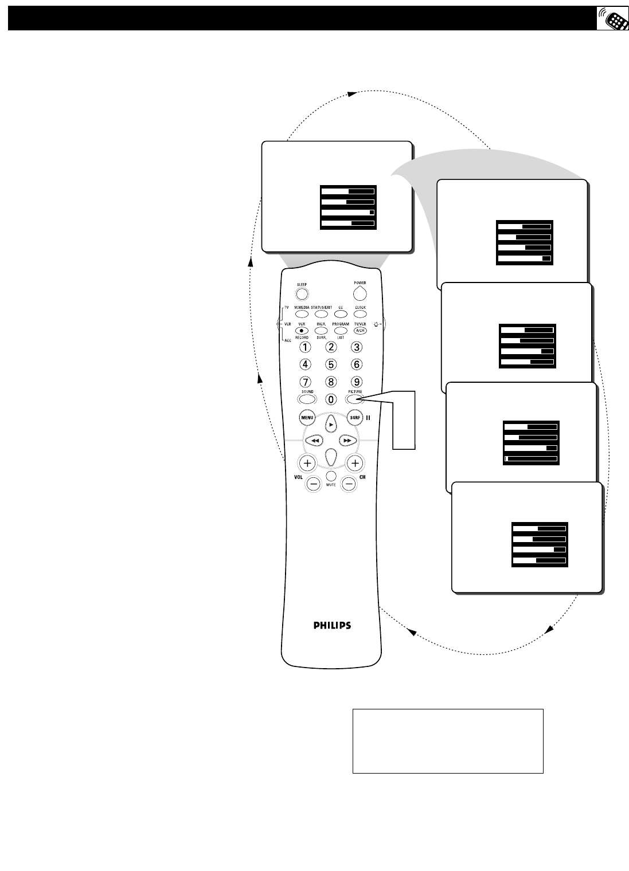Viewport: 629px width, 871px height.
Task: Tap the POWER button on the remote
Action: click(360, 293)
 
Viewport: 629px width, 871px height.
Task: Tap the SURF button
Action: click(355, 418)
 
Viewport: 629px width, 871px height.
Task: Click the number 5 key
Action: click(331, 364)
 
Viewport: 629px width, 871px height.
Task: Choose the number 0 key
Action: click(331, 399)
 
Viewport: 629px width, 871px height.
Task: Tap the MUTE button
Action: click(331, 476)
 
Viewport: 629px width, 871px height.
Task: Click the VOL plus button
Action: click(307, 462)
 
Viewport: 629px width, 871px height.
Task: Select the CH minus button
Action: click(349, 484)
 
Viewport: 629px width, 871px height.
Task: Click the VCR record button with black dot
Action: click(302, 331)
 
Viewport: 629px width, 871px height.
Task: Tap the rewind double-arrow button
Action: click(314, 440)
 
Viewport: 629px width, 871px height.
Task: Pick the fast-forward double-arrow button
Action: click(347, 440)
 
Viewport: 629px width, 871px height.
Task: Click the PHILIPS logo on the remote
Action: click(332, 625)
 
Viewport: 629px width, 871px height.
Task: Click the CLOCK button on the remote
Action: click(360, 314)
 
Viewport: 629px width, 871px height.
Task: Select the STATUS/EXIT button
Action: click(321, 314)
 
